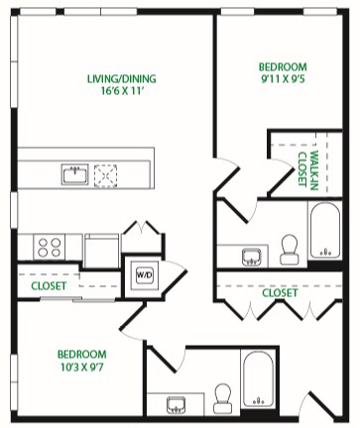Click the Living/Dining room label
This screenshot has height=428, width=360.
[x=121, y=78]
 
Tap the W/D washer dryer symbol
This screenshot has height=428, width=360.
[x=145, y=274]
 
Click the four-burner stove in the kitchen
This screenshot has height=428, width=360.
[x=50, y=248]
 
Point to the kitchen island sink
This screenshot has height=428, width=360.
[x=74, y=174]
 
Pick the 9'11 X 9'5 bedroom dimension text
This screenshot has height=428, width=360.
[x=283, y=79]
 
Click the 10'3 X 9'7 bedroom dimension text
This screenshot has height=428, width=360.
[x=82, y=367]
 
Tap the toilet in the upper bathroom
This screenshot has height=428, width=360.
[x=290, y=250]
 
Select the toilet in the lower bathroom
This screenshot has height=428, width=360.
[x=222, y=398]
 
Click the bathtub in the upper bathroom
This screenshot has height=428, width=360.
[x=325, y=230]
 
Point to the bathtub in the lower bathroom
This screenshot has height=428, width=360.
[x=258, y=378]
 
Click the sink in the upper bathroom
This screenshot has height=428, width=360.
[x=252, y=257]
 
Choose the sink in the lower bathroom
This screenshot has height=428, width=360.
[x=176, y=405]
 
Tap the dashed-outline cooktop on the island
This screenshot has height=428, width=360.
[x=105, y=175]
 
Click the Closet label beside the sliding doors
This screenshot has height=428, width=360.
[x=49, y=285]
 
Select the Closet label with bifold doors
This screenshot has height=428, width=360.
[x=280, y=292]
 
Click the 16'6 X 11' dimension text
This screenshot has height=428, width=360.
[x=122, y=91]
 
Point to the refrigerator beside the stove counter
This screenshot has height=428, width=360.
[x=101, y=251]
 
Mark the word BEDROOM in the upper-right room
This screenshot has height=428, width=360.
[x=283, y=67]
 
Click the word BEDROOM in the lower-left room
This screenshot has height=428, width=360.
[x=82, y=355]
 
